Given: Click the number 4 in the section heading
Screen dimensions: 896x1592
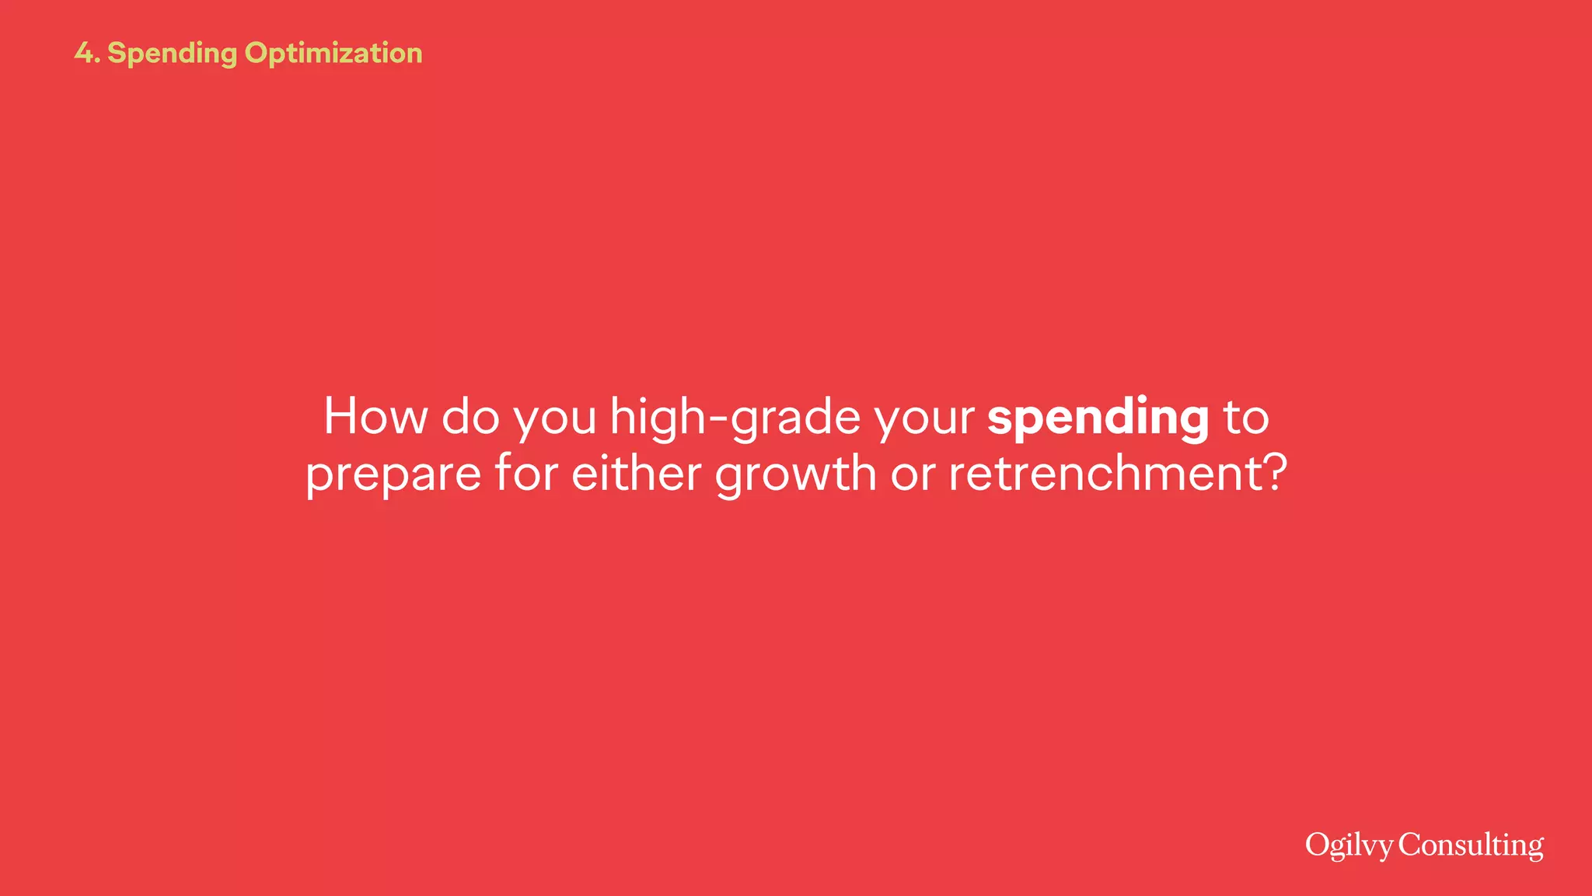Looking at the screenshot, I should click(x=84, y=53).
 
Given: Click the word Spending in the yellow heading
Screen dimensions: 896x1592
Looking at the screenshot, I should click(x=172, y=54).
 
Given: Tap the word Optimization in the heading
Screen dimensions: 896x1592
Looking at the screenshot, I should click(x=333, y=54).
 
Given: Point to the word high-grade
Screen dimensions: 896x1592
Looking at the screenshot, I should click(x=735, y=418).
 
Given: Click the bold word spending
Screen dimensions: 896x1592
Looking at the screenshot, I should click(x=1098, y=418).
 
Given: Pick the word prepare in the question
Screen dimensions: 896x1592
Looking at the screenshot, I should click(x=393, y=474).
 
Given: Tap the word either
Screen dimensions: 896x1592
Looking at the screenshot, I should click(x=637, y=473).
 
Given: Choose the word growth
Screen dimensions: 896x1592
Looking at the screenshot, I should click(x=795, y=474).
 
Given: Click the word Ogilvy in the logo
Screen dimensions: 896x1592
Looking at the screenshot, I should click(x=1349, y=845).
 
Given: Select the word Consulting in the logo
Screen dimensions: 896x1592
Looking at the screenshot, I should click(x=1471, y=845).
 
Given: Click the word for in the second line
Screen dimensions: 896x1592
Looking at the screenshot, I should click(x=526, y=473).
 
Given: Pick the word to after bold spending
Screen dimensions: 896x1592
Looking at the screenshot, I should click(x=1246, y=417).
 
